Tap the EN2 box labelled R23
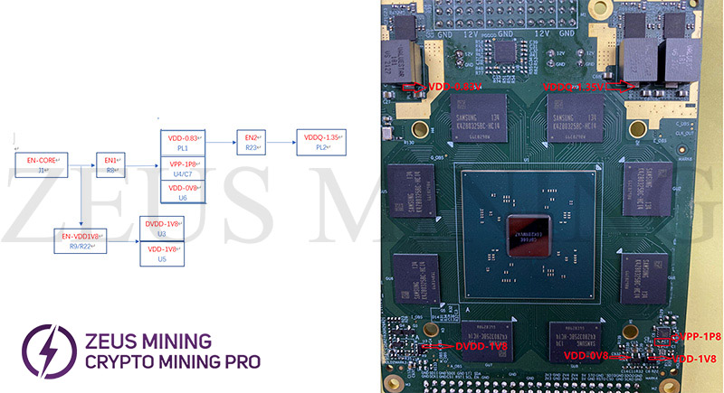[249, 142]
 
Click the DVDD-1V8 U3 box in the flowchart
[161, 228]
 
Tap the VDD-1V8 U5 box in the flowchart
[161, 254]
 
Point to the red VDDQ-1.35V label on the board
[573, 87]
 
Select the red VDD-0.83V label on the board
[455, 88]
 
